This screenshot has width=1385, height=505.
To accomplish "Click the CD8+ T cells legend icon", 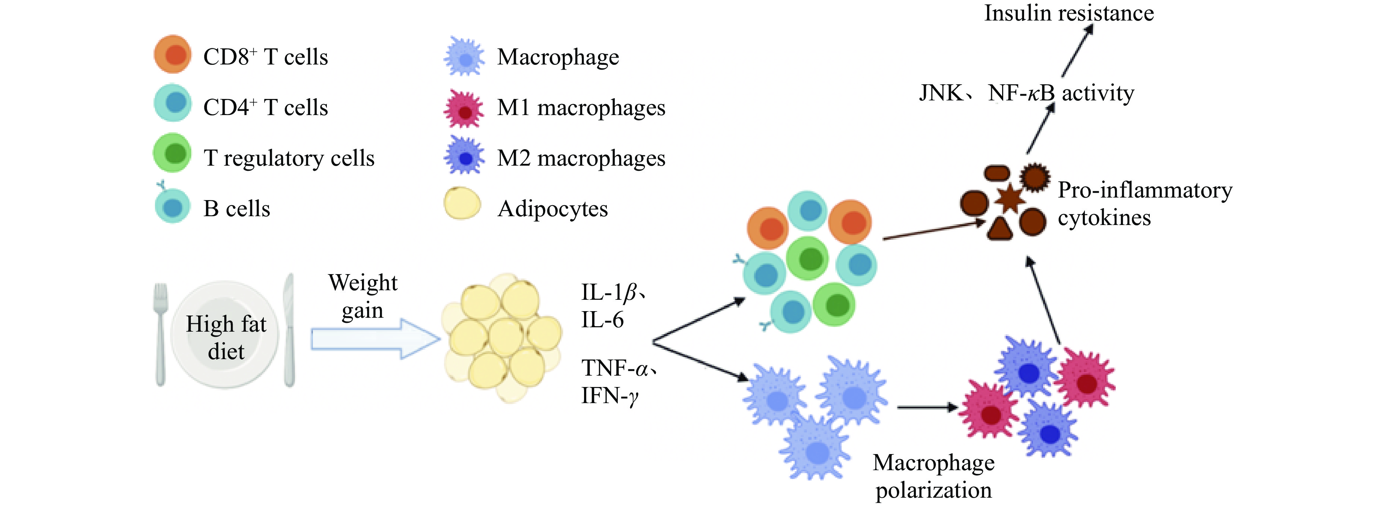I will point(172,54).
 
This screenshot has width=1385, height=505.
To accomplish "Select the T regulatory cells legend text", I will point(289,158).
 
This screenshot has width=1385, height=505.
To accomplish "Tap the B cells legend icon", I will point(172,207).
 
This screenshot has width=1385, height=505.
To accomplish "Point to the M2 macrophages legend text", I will point(581,158).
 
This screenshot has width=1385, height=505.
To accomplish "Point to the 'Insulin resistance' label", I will point(1069,13).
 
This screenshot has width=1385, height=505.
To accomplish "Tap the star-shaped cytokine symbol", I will point(1009,199).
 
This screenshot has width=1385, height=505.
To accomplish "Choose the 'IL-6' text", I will point(602,320).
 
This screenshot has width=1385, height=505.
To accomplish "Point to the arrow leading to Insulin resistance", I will point(1077,51).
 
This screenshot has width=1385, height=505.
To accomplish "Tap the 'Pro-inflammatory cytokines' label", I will point(1145,204).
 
